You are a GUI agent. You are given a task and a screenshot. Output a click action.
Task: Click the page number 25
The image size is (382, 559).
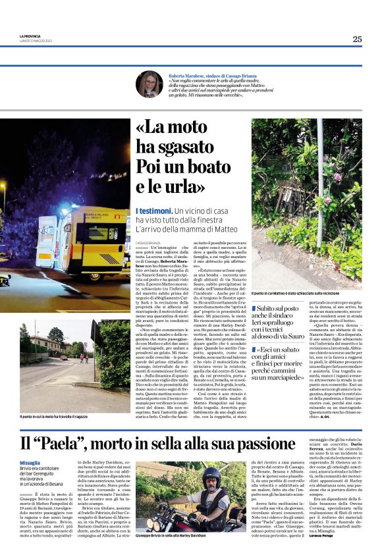click(356, 39)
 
